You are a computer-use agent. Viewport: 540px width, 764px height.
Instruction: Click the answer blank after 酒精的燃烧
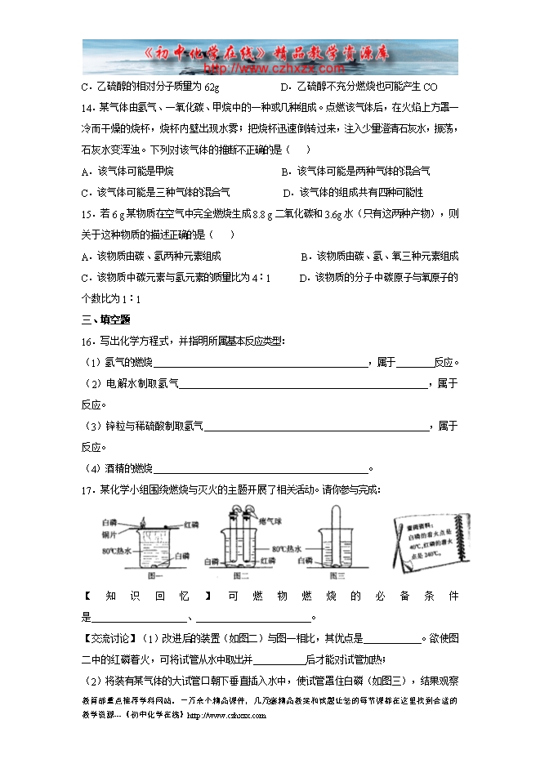pyautogui.click(x=261, y=468)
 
